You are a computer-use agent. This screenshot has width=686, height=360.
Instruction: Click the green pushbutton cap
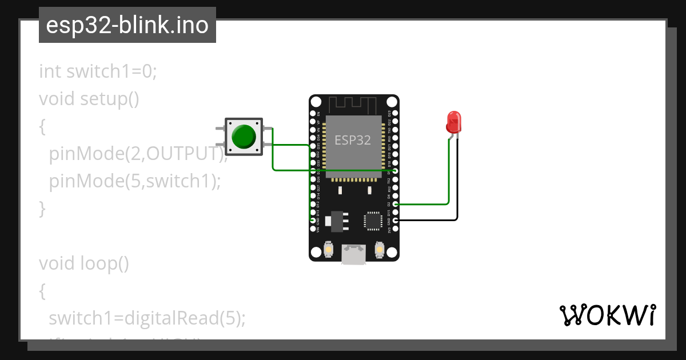point(244,136)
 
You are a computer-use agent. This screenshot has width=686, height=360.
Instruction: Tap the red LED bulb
point(453,122)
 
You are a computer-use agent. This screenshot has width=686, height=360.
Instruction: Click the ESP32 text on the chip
point(352,140)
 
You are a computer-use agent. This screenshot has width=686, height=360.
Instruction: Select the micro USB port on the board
point(354,254)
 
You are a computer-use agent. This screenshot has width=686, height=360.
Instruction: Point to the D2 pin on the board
point(395,204)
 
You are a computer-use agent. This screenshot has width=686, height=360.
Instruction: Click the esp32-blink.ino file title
point(127,25)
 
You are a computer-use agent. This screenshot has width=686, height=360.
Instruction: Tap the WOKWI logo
point(607,315)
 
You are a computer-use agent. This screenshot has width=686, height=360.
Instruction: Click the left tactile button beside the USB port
point(329,249)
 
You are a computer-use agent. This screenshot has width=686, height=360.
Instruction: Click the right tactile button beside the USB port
point(379,249)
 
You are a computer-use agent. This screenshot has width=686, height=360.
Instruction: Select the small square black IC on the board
point(373,221)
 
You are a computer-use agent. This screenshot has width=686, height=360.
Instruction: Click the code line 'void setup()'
point(89,99)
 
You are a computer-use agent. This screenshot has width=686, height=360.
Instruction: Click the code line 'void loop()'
point(84,263)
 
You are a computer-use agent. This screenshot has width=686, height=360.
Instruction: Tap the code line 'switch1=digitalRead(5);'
point(147,318)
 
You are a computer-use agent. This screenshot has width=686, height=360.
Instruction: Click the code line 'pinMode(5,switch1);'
point(134,181)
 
